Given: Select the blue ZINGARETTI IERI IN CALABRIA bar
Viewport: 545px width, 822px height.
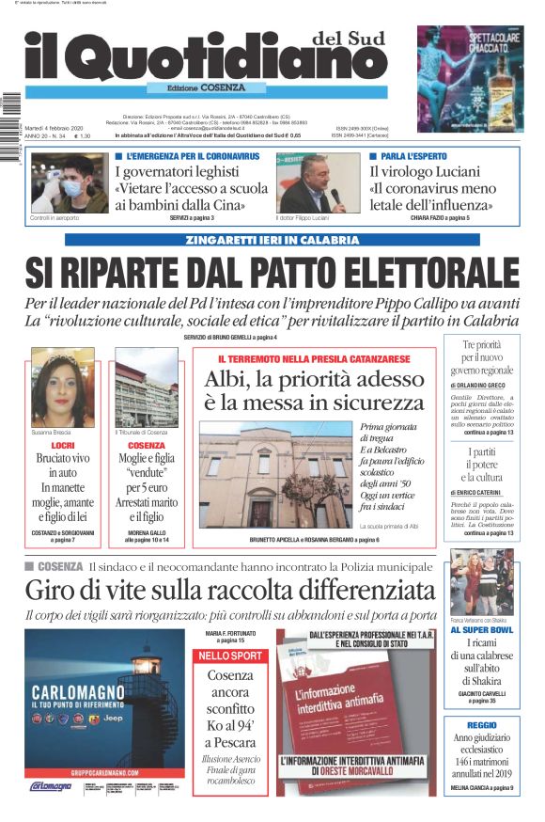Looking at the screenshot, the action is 272,240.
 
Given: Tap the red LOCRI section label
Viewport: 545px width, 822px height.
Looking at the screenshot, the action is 63,443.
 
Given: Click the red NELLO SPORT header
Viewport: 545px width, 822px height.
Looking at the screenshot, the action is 230,655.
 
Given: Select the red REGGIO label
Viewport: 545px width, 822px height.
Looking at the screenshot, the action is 481,725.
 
